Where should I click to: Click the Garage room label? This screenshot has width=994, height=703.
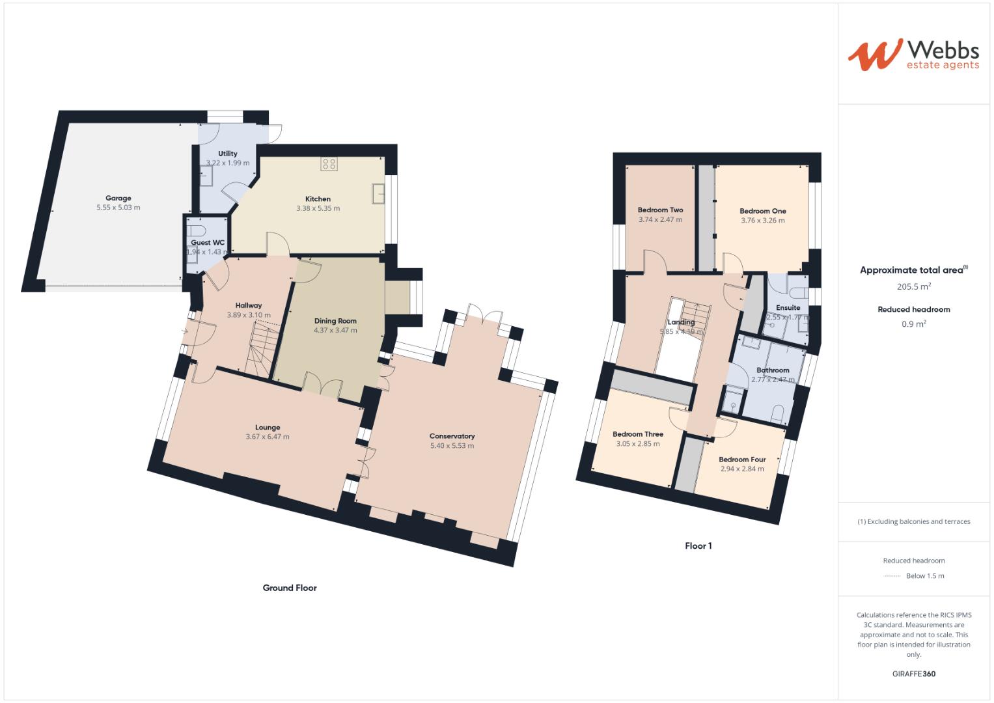click(118, 199)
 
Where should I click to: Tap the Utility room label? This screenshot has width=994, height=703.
click(228, 154)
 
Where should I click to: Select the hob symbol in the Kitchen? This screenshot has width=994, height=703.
click(329, 164)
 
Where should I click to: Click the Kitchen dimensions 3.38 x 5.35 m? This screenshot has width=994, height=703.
click(318, 208)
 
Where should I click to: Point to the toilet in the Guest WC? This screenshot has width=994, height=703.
click(197, 231)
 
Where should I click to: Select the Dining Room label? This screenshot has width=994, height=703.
click(335, 321)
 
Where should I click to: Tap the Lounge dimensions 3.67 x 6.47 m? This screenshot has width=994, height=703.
click(268, 437)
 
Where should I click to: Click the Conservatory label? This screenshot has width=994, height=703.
click(452, 436)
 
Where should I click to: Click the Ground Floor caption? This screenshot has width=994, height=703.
click(290, 588)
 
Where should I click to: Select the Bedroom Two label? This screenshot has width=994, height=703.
click(660, 210)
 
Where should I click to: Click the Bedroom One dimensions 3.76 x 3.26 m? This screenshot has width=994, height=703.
click(763, 221)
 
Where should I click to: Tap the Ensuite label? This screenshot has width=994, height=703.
click(788, 308)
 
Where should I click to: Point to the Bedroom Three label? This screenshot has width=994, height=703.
click(638, 434)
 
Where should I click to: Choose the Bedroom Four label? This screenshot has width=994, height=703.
click(742, 460)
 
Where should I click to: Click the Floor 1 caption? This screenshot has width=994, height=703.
click(698, 546)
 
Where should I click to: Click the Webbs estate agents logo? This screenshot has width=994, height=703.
click(913, 55)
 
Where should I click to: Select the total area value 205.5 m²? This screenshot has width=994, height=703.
click(914, 286)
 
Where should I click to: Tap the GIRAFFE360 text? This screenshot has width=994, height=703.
click(914, 674)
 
